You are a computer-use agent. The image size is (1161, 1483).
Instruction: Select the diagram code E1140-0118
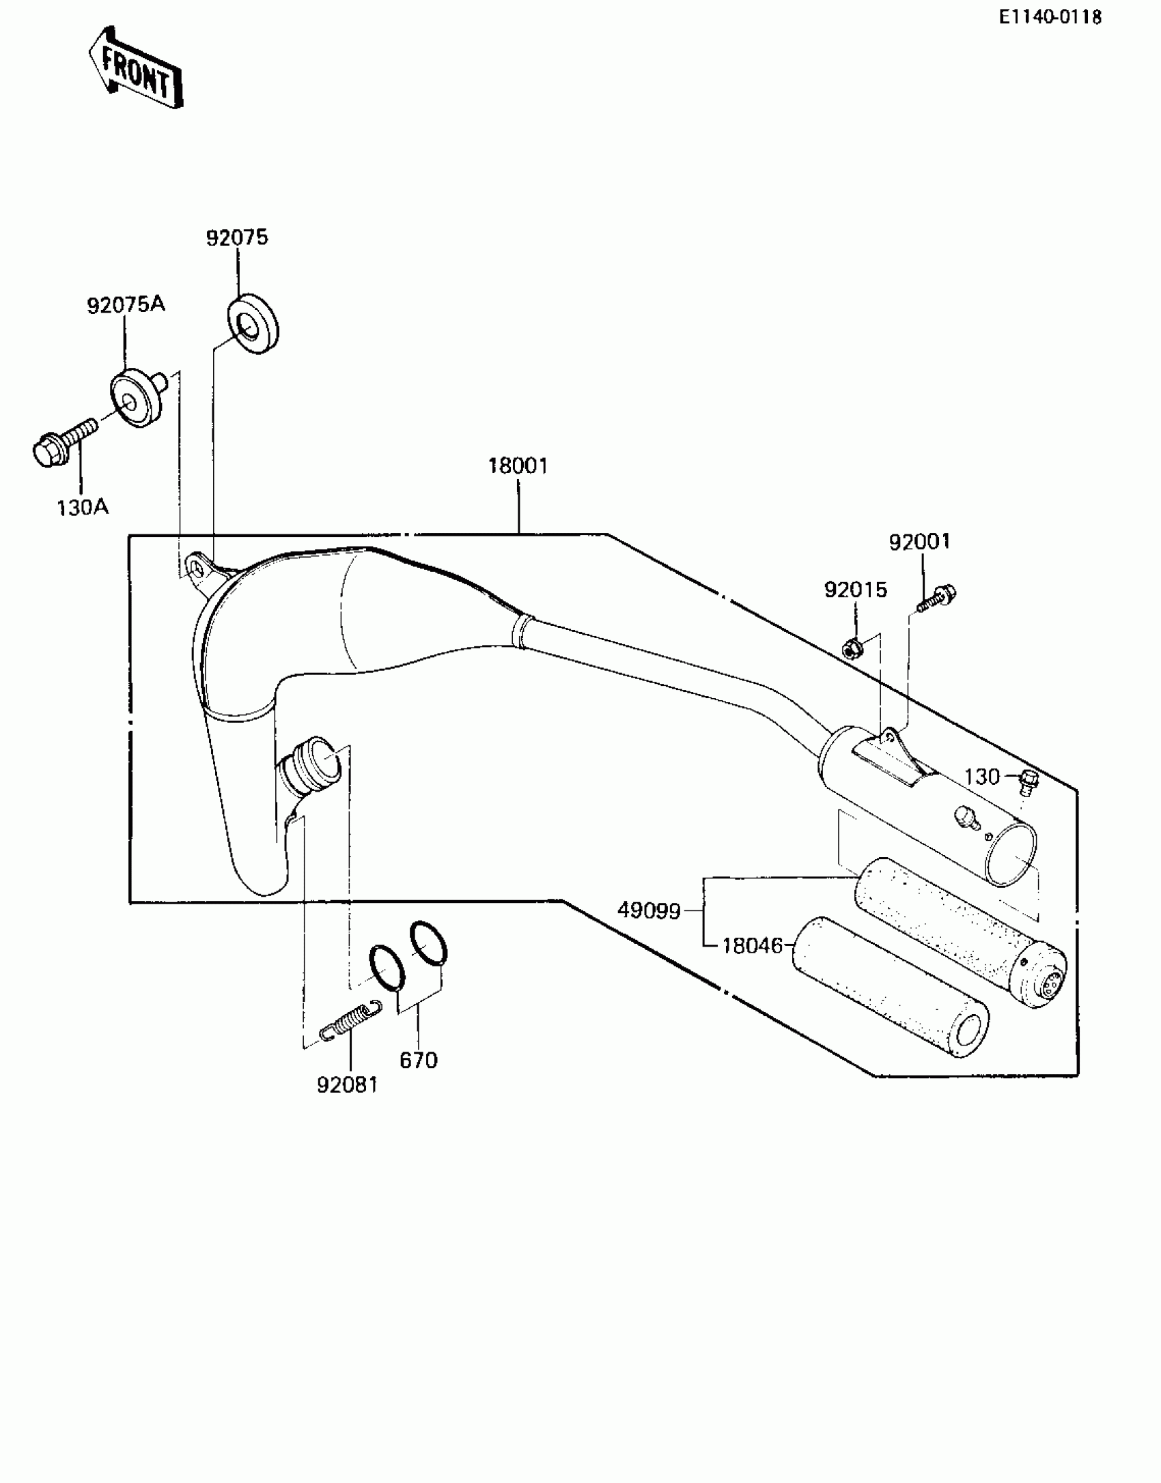pos(1050,17)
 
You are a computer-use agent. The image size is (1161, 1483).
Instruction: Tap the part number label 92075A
pos(126,304)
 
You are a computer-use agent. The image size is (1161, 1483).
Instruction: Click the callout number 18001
pos(518,466)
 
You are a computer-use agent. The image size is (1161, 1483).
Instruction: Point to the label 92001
pos(919,541)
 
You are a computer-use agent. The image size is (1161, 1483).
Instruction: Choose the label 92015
pos(855,590)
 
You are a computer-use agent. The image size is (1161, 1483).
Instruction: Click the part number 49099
pos(649,910)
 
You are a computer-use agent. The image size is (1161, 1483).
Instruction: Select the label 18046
pos(752,946)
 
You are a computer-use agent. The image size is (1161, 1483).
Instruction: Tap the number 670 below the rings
pos(418,1061)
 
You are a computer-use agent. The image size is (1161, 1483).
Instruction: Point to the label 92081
pos(347,1084)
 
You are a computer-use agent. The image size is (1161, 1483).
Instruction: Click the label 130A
pos(83,508)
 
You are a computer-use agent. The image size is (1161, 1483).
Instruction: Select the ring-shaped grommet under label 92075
pos(252,323)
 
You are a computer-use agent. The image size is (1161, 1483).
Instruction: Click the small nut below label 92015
pos(851,648)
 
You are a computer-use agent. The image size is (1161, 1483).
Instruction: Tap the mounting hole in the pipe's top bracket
pos(196,568)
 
